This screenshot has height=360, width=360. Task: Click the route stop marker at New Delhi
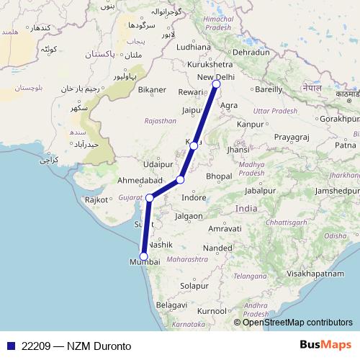click(x=215, y=85)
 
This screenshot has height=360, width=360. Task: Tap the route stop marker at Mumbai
click(x=143, y=256)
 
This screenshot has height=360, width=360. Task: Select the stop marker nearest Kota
click(x=194, y=146)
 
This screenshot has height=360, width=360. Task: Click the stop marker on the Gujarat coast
click(x=150, y=197)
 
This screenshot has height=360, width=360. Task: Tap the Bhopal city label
click(x=218, y=176)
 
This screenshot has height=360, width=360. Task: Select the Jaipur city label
click(x=191, y=110)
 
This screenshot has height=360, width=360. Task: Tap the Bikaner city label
click(x=153, y=90)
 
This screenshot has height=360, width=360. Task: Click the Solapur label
click(x=194, y=286)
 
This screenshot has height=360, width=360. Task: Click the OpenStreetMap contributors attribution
click(x=297, y=323)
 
